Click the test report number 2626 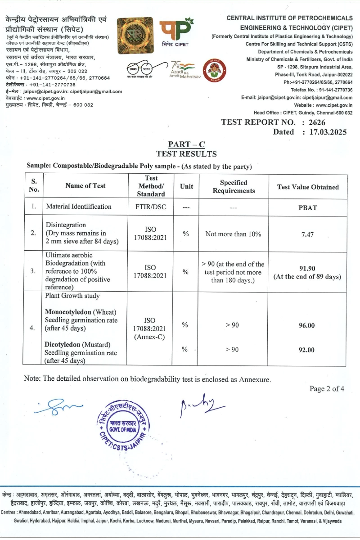316,122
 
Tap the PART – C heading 186,144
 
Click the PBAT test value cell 308,207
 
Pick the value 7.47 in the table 308,234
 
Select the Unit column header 186,186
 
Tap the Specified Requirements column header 234,186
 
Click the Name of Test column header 85,186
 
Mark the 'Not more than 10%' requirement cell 233,234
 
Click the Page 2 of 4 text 327,389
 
